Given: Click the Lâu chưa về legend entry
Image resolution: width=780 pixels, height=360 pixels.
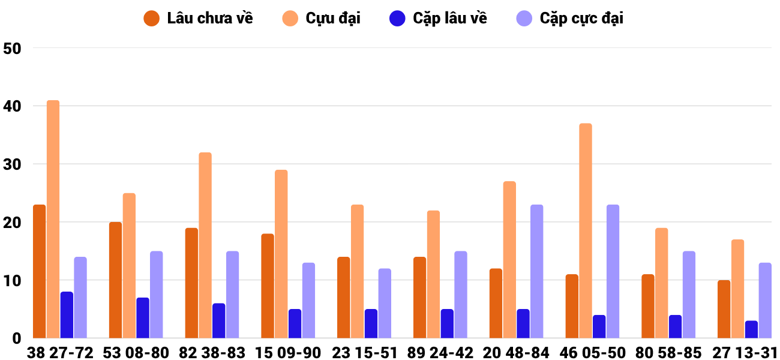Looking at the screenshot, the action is [x=198, y=19].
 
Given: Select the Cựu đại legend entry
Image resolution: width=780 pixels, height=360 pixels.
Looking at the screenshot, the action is [x=321, y=19].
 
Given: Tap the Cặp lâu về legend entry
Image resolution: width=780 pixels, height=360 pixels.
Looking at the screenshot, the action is [x=438, y=19].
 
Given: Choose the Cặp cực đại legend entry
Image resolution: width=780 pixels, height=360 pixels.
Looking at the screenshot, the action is [x=569, y=19].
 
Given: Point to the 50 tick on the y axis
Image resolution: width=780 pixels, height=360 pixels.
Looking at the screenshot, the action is [x=12, y=49].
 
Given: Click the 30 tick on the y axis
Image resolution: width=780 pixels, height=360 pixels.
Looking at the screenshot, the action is [x=12, y=164].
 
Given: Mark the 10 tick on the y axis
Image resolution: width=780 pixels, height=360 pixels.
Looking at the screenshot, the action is [x=12, y=281].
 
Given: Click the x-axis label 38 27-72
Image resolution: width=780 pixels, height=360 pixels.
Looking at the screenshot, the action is [x=60, y=353].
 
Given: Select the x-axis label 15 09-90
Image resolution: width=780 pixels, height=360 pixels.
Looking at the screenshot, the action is [x=288, y=353].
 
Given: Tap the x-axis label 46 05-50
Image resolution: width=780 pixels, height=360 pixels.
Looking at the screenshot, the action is [x=593, y=353].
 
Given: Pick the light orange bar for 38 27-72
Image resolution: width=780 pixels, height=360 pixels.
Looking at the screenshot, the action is [x=53, y=219].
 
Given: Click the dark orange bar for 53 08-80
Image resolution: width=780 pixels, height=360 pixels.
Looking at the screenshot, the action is [x=115, y=280].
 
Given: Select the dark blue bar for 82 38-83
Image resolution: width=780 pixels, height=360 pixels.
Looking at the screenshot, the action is [x=218, y=320].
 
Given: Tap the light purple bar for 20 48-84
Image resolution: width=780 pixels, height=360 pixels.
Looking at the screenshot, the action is [x=536, y=271].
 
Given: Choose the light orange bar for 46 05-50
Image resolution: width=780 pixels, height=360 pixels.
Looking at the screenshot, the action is [x=586, y=231].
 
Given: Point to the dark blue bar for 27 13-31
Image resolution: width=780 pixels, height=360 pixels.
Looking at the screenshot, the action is [x=751, y=329].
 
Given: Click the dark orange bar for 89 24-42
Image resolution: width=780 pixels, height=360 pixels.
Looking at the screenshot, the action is [x=419, y=298].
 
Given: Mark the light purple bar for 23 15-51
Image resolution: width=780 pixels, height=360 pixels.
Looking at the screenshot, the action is [x=385, y=303].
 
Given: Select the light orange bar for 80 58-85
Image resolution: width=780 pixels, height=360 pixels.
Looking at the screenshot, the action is [x=662, y=283].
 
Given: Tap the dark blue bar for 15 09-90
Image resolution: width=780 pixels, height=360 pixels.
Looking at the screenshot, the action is [x=295, y=323].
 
